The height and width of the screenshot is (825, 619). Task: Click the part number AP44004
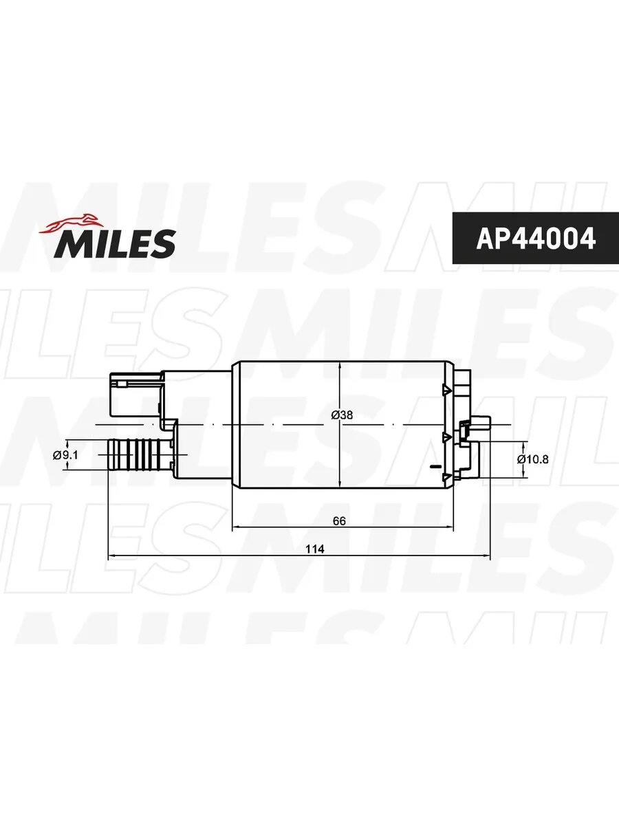[x=536, y=238]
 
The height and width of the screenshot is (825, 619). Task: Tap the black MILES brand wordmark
[x=114, y=244]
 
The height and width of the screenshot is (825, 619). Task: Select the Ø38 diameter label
[x=342, y=415]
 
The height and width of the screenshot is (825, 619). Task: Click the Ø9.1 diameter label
[x=65, y=455]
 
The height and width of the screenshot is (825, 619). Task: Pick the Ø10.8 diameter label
[x=532, y=459]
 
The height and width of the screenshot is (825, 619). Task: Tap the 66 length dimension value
[x=339, y=520]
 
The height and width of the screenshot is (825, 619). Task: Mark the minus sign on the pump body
[x=435, y=466]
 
